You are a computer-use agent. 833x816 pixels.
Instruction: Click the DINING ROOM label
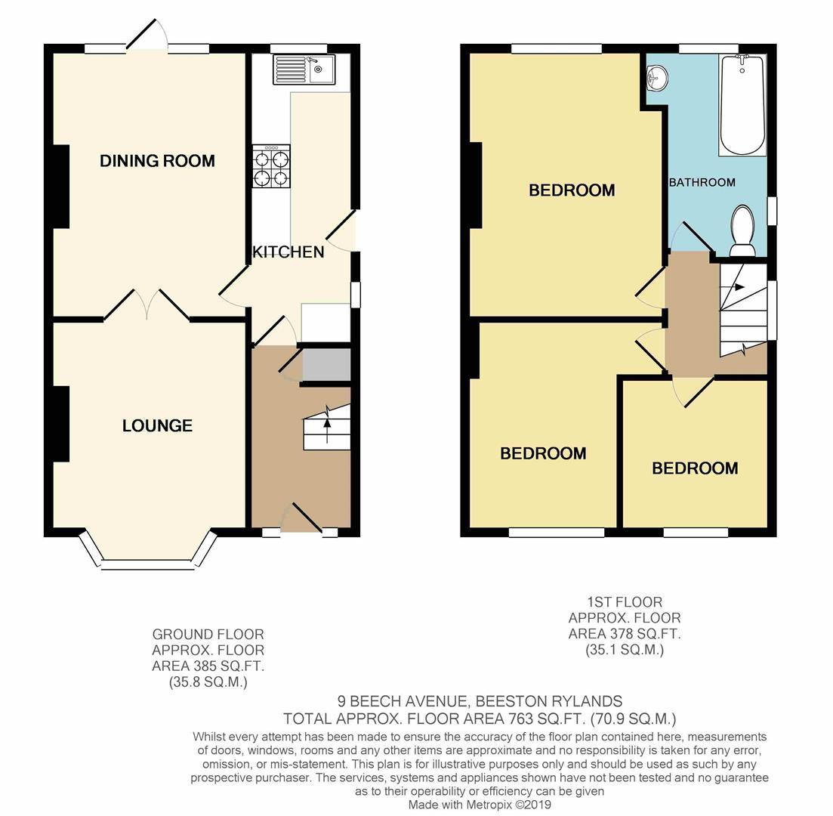point(157,160)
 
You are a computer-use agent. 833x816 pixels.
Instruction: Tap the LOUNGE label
point(157,425)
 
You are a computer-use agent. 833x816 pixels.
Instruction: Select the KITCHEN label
point(288,252)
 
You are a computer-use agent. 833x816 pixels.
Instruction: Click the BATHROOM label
point(702,182)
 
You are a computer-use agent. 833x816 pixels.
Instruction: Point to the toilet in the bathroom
point(743,231)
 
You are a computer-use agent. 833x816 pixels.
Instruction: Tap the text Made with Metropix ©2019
point(480,805)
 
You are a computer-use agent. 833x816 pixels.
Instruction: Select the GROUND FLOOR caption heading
point(208,634)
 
